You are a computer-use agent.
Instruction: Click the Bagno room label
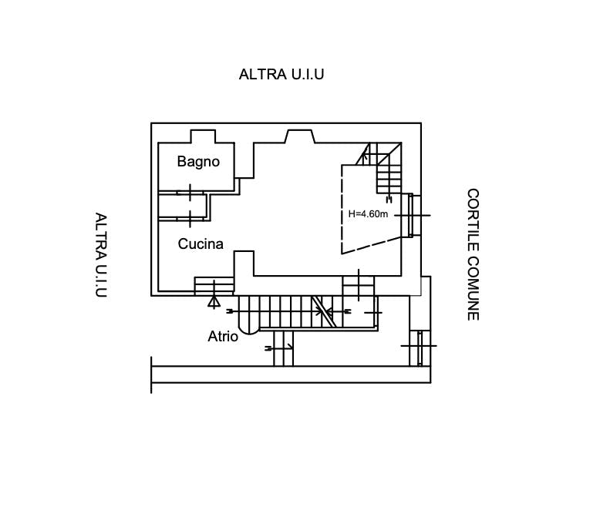tap(198, 162)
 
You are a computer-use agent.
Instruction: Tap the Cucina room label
tap(201, 244)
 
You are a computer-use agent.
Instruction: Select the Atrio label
tap(223, 337)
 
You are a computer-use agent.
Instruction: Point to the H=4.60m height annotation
tap(368, 214)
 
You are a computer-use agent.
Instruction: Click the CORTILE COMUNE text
tap(473, 254)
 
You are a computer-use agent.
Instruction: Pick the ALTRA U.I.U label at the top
tap(281, 74)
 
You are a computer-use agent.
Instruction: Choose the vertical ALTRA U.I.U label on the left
tap(101, 255)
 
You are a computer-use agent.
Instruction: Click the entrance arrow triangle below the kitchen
tap(214, 303)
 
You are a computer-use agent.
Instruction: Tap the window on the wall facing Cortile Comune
tap(411, 215)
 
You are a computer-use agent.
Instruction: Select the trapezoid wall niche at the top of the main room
tap(300, 136)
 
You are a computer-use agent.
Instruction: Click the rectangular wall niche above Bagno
tap(203, 136)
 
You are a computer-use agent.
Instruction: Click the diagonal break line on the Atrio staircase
tap(324, 311)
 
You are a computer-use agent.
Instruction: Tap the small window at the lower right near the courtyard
tap(420, 348)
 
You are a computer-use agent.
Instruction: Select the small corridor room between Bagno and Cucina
tap(183, 206)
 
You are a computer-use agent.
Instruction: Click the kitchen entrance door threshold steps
tap(214, 286)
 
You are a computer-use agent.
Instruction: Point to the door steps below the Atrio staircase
tap(284, 348)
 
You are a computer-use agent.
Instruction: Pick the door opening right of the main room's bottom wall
tap(359, 286)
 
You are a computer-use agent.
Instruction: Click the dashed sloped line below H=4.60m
tap(372, 245)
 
